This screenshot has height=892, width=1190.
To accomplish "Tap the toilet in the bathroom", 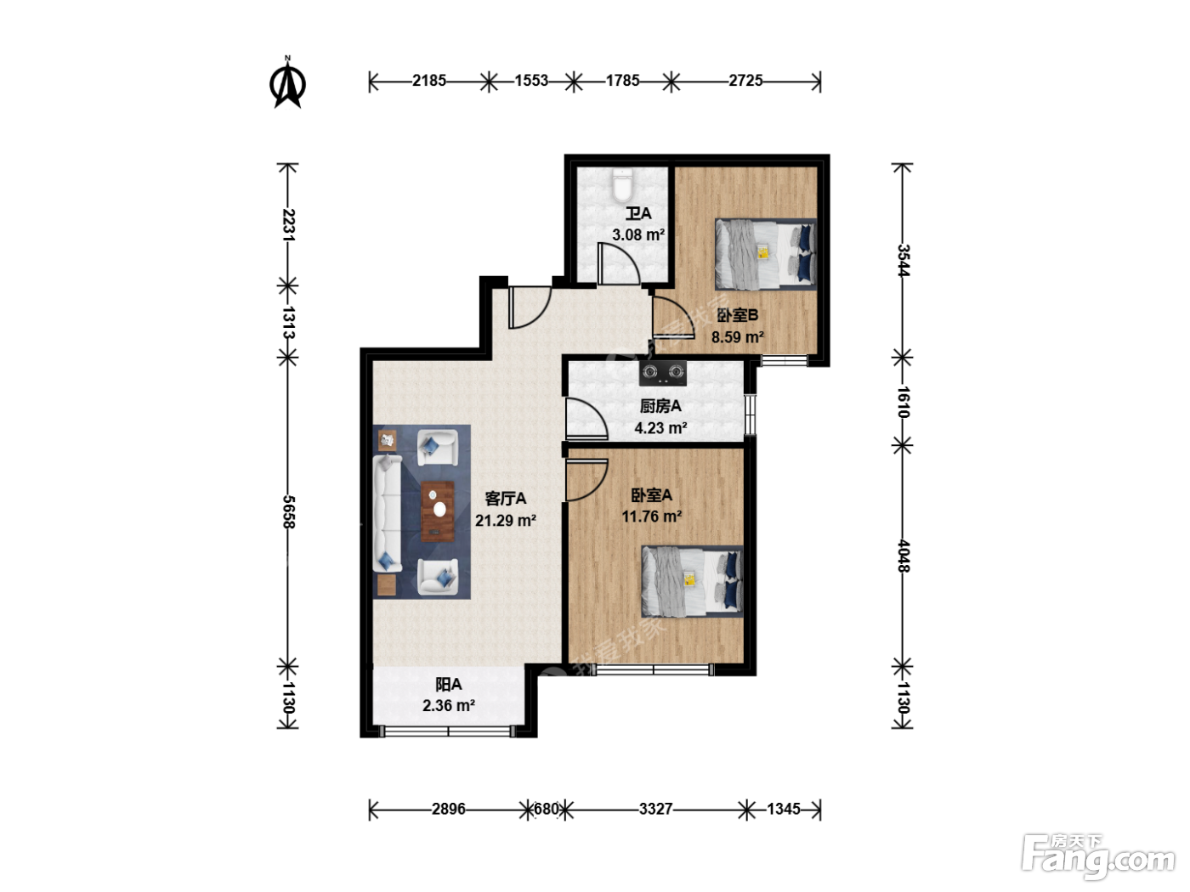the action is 622,185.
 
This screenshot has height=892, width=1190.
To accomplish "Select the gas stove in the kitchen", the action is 662,373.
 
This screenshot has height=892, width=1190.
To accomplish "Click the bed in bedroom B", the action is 766,253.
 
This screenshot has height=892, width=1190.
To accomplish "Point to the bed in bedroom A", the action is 692,581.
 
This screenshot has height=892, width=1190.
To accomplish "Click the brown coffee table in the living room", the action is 438,511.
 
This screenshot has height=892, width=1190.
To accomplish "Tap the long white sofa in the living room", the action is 387,513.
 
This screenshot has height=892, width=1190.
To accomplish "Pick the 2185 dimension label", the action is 429,81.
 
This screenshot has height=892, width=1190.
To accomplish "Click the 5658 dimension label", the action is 288,511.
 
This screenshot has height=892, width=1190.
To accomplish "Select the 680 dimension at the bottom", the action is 546,809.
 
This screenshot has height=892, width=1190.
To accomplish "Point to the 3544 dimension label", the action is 903,261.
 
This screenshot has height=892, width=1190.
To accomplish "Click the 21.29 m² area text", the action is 506,521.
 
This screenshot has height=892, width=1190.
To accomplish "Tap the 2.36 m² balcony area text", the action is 449,706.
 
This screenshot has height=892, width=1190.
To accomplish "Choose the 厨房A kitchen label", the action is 660,406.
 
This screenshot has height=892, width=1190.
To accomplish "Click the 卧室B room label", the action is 737,315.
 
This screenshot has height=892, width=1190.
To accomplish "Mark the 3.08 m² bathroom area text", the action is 638,234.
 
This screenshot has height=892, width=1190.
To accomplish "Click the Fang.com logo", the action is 1098,858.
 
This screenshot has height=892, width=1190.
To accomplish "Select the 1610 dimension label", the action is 903,402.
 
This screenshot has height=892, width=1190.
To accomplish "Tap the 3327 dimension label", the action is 655,809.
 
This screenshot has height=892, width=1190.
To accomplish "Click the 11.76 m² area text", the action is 652,517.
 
